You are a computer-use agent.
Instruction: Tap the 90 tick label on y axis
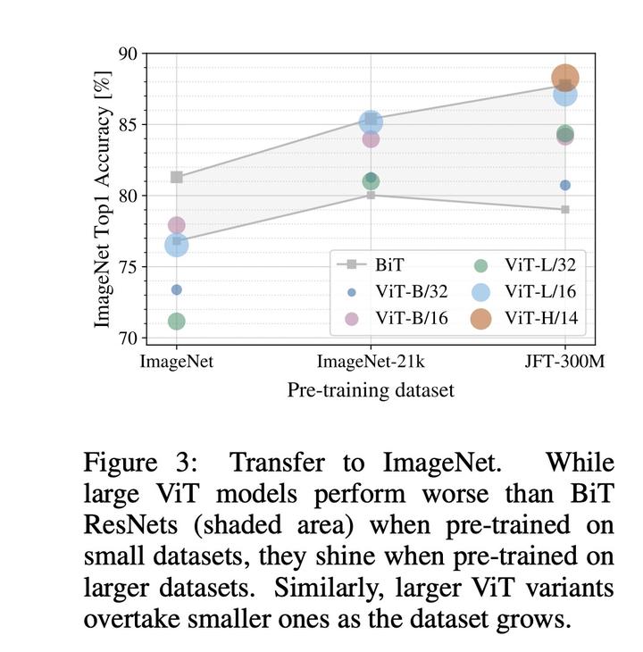point(129,54)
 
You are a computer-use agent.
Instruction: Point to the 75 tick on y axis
point(129,267)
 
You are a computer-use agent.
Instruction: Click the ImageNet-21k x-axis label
point(371,362)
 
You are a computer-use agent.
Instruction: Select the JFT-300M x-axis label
point(564,362)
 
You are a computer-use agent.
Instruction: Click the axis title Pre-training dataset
point(371,390)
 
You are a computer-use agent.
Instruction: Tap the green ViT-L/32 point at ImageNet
point(177,322)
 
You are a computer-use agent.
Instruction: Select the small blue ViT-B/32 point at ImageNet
point(177,289)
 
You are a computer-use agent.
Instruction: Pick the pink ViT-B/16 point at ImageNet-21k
point(371,139)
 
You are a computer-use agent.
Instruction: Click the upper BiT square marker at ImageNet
point(177,177)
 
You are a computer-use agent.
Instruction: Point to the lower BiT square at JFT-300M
point(565,209)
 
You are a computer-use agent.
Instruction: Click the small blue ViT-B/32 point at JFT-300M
point(565,185)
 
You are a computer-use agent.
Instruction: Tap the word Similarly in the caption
point(321,588)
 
